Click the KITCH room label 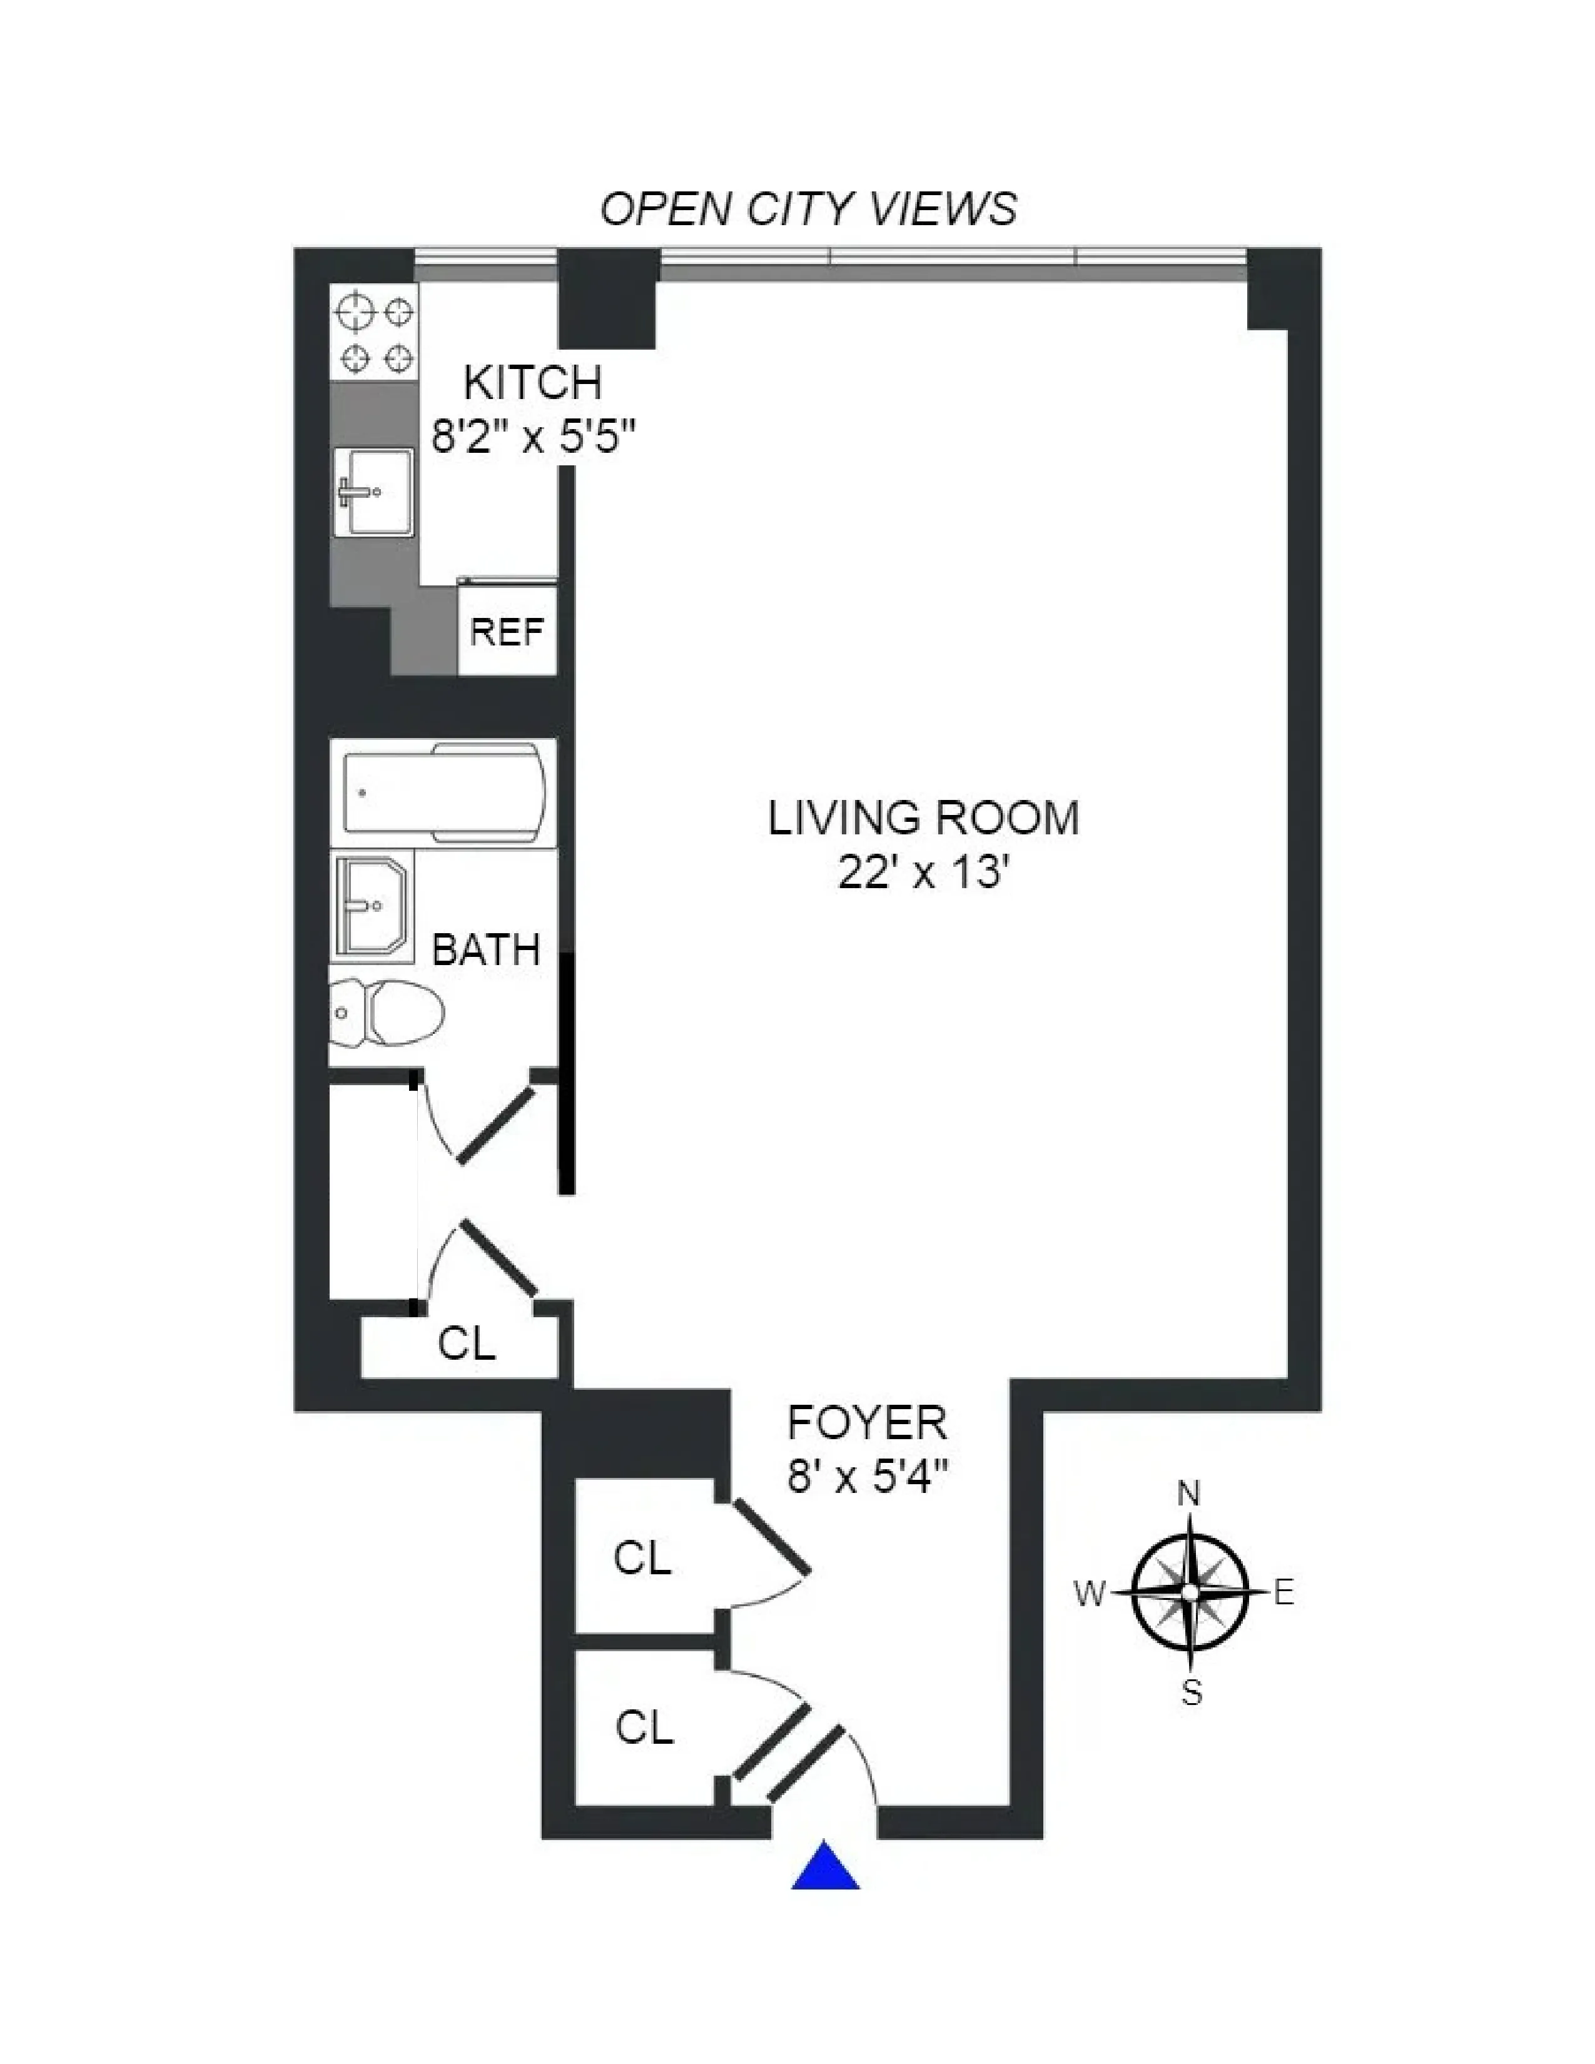(533, 383)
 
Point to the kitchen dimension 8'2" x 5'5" (533, 437)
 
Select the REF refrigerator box (507, 631)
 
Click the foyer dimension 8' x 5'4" (866, 1475)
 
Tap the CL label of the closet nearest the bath (467, 1342)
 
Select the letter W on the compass (1088, 1594)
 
